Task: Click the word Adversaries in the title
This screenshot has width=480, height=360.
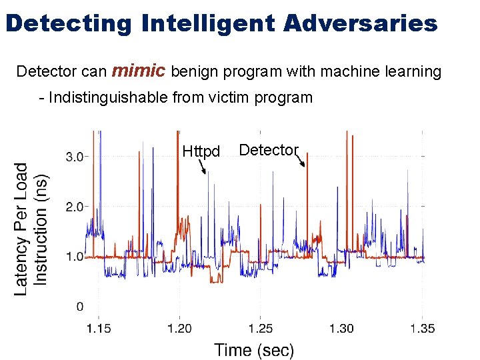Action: pos(360,23)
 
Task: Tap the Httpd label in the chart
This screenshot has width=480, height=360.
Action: pos(201,152)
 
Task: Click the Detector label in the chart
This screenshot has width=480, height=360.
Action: pos(269,150)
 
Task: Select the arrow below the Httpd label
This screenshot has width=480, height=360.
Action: pos(203,167)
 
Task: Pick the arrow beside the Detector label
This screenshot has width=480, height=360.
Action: pos(302,160)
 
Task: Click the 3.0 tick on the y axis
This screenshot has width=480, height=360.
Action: pos(74,157)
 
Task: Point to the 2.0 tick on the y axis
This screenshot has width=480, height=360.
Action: pos(74,207)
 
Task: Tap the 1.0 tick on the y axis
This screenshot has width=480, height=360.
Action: pos(74,257)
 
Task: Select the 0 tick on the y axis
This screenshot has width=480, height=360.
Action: pos(79,307)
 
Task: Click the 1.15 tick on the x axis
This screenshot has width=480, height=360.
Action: pos(99,328)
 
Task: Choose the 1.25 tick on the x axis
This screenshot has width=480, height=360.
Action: pos(261,328)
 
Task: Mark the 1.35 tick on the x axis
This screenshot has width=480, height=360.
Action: pos(423,328)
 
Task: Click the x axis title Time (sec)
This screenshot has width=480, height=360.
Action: pos(253,349)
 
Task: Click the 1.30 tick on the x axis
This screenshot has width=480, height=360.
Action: pos(341,328)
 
